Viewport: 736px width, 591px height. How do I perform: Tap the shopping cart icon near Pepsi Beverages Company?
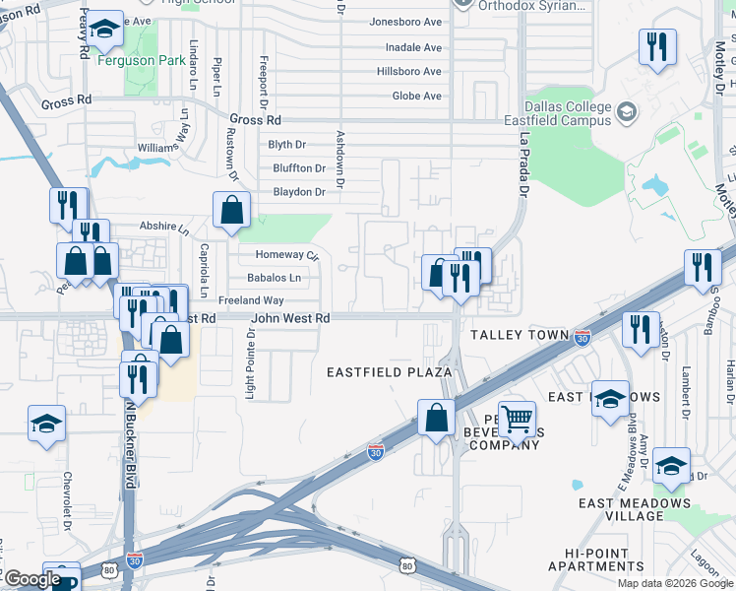tap(517, 419)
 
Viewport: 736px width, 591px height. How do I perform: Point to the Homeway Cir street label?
tap(287, 255)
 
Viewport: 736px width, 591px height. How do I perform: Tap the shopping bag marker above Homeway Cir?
tap(232, 210)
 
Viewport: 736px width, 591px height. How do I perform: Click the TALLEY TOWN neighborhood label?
tap(520, 335)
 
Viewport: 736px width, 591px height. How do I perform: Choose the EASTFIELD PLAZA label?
tap(389, 372)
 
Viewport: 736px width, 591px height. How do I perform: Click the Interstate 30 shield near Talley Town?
tap(583, 337)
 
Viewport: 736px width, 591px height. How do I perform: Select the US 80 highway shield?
tap(407, 565)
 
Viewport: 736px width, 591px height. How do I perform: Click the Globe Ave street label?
tap(417, 96)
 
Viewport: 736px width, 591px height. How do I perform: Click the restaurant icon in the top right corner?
tap(656, 47)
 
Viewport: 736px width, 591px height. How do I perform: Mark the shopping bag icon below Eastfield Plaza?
tap(435, 417)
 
